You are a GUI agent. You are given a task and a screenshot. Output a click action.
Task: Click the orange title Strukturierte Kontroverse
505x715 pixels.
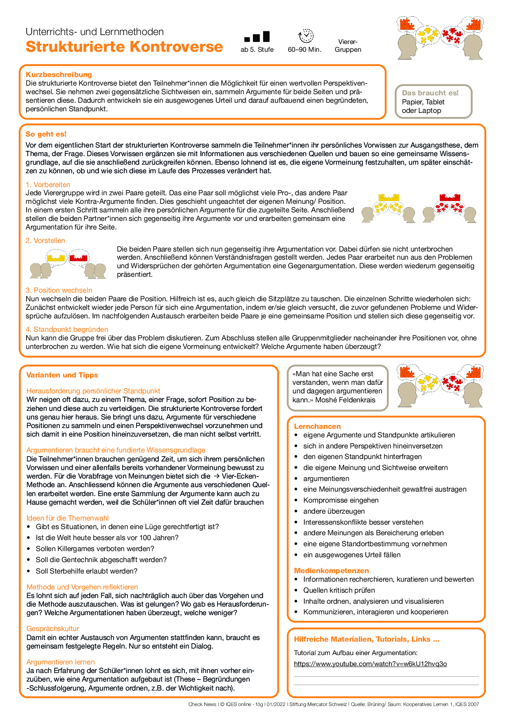[124, 47]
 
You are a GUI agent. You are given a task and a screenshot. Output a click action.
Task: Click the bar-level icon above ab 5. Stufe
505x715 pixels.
[257, 37]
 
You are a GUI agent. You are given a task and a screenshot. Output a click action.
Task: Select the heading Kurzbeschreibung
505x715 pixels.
[59, 75]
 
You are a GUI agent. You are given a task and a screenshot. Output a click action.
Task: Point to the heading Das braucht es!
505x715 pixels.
[430, 93]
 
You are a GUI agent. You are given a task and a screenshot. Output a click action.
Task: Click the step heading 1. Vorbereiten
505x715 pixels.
[48, 185]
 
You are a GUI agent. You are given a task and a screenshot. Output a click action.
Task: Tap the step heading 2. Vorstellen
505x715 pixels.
[45, 241]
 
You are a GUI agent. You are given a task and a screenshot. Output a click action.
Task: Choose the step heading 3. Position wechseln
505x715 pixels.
[59, 290]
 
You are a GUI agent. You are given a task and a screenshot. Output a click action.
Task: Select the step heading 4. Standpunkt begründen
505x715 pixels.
[67, 329]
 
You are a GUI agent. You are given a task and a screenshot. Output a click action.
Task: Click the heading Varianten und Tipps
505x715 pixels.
[62, 375]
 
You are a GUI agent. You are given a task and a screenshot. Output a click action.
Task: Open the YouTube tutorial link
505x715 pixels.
[370, 664]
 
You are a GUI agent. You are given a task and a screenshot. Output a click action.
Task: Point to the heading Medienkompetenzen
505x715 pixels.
[332, 571]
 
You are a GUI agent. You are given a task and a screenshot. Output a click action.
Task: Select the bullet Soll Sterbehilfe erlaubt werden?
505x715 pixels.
[86, 571]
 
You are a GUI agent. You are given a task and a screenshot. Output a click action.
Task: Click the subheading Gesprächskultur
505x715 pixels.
[53, 629]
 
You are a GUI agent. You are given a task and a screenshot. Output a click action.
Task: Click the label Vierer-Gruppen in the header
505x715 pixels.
[348, 46]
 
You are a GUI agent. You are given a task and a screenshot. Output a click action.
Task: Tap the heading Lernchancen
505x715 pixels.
[317, 426]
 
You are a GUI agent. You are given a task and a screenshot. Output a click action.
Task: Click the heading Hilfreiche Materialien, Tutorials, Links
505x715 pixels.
[367, 639]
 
